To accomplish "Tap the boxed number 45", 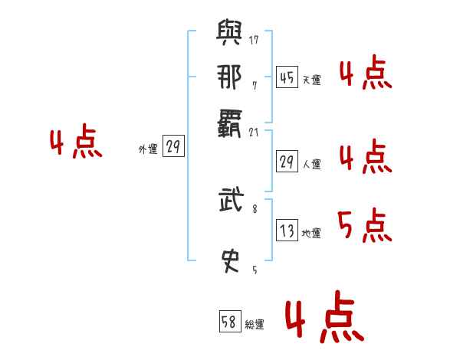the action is [287, 77].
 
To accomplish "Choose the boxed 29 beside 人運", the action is [287, 162].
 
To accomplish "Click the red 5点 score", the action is [364, 225].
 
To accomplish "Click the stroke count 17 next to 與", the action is [254, 40].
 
